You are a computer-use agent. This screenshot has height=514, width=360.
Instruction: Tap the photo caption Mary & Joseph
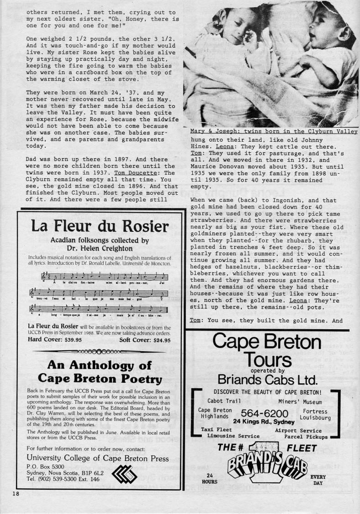pos(274,132)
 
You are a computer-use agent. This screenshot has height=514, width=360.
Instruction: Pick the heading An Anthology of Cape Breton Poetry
pos(100,371)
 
